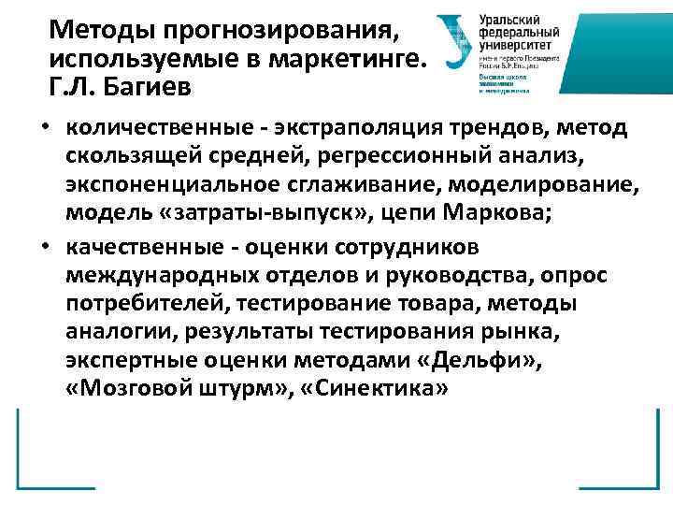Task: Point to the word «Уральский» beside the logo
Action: [513, 19]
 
